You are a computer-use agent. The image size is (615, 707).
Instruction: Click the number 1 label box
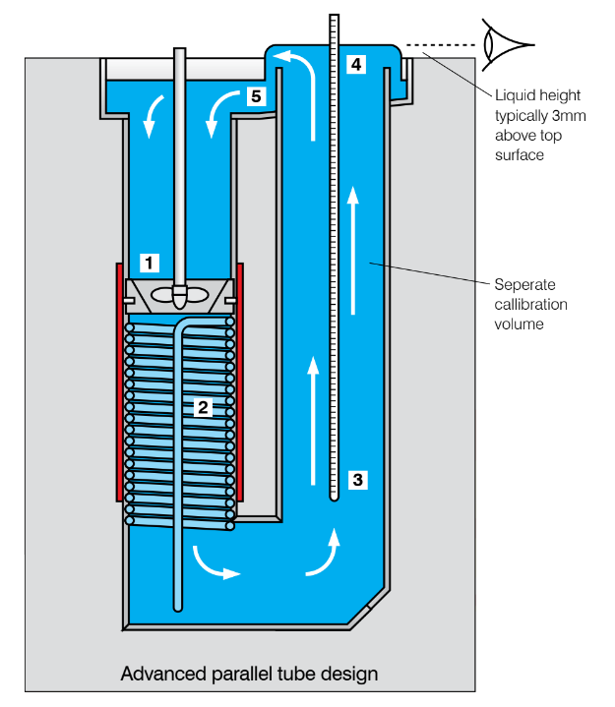coord(149,263)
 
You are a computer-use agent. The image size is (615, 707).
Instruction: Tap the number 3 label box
coord(358,480)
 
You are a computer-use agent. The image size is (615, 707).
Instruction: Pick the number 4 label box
coord(356,65)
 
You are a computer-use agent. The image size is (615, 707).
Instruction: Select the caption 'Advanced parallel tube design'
coord(249,675)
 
